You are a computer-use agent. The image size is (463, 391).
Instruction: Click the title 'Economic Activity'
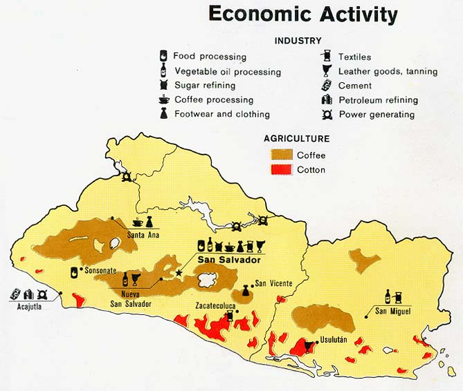(303, 15)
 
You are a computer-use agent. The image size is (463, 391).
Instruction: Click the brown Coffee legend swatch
(281, 155)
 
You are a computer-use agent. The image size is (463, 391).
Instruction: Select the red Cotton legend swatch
(281, 169)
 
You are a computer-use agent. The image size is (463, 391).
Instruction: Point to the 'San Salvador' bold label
(229, 260)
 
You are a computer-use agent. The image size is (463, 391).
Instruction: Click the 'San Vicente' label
(273, 283)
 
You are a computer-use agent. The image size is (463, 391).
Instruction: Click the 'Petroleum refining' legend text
(378, 100)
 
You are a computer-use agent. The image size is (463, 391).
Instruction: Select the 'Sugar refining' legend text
(205, 86)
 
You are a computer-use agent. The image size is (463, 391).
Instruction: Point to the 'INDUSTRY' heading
(298, 41)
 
